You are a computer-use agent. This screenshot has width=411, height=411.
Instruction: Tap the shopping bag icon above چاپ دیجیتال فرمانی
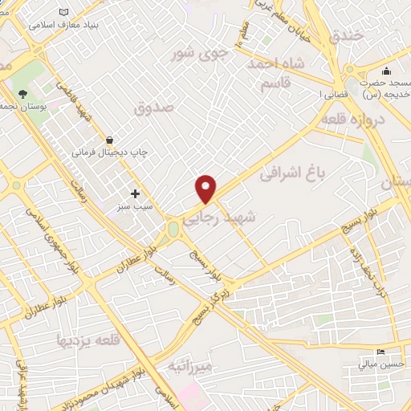(x=109, y=139)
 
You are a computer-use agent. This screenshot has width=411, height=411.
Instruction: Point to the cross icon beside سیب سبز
(x=135, y=193)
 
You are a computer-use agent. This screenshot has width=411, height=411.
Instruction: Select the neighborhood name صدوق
(x=153, y=107)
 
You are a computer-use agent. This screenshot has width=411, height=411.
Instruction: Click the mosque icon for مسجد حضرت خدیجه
(x=386, y=71)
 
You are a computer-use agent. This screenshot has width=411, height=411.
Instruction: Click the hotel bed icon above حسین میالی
(x=380, y=352)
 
